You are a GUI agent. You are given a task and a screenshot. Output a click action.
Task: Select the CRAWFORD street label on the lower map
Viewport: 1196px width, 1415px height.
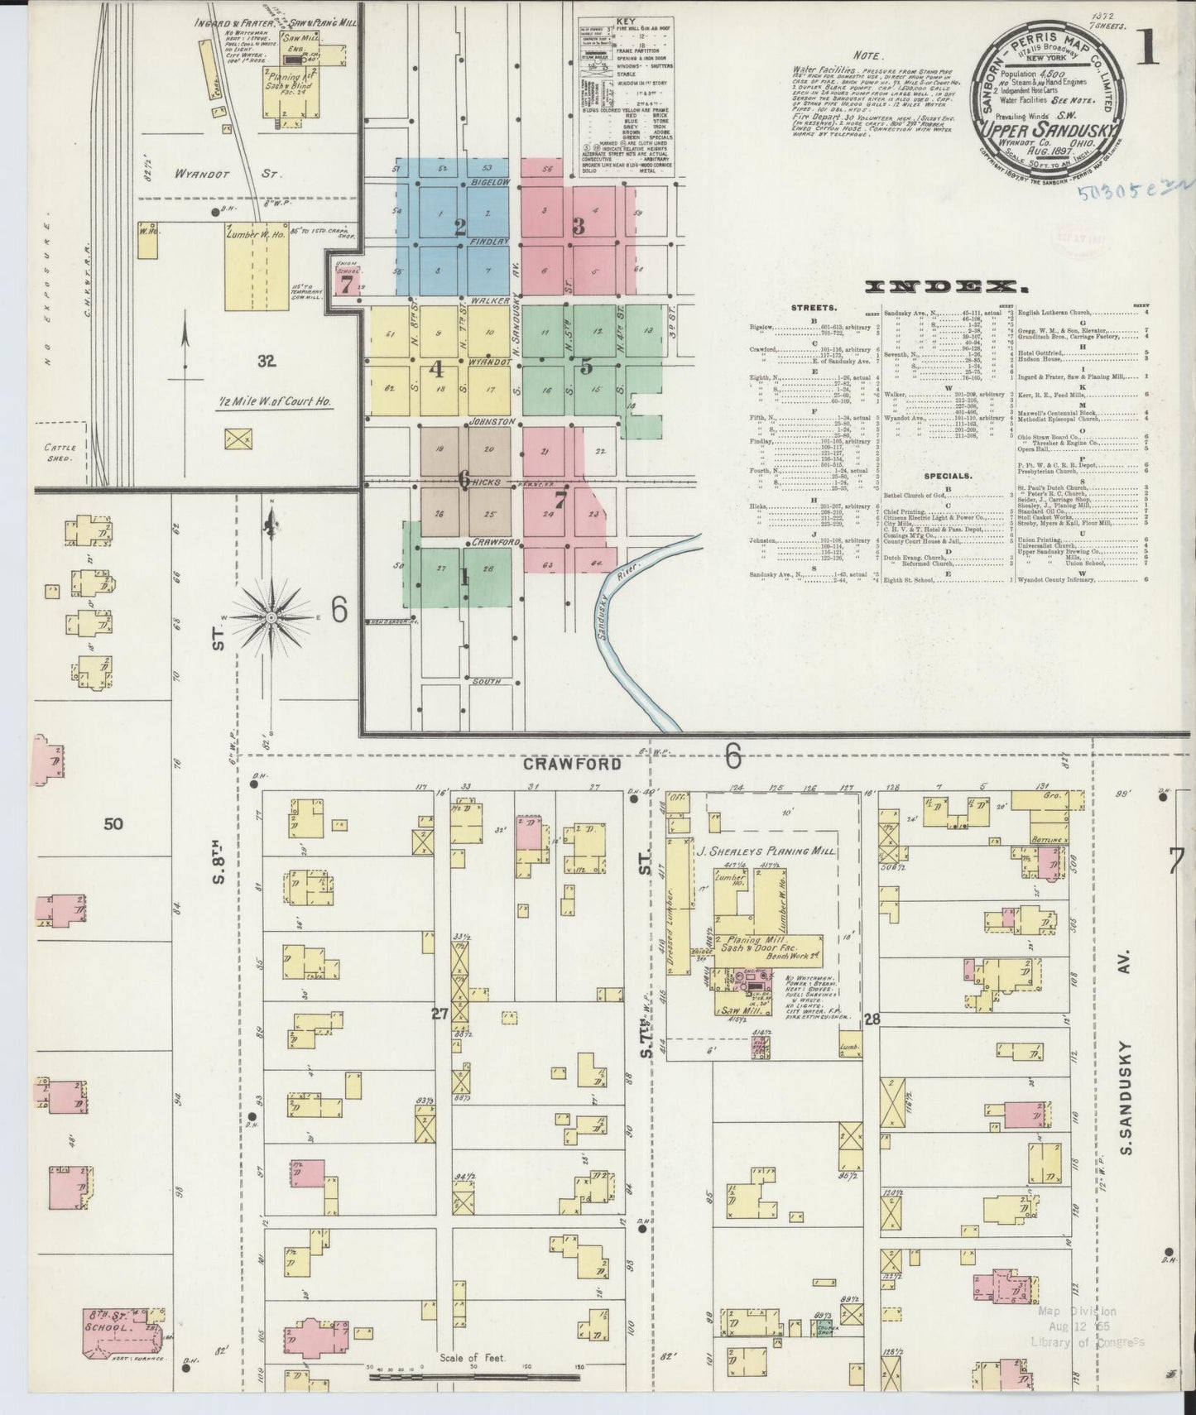(571, 764)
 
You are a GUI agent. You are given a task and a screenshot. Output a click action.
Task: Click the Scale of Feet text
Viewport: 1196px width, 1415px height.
(473, 1357)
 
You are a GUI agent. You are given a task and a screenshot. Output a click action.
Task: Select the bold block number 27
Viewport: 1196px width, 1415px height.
(439, 1012)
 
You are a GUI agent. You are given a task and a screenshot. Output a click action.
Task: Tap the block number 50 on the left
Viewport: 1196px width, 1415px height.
(113, 823)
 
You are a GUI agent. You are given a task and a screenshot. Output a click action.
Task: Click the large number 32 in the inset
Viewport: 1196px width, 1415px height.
(266, 361)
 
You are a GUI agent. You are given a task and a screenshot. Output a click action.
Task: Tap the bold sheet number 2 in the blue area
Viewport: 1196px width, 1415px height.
(461, 227)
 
